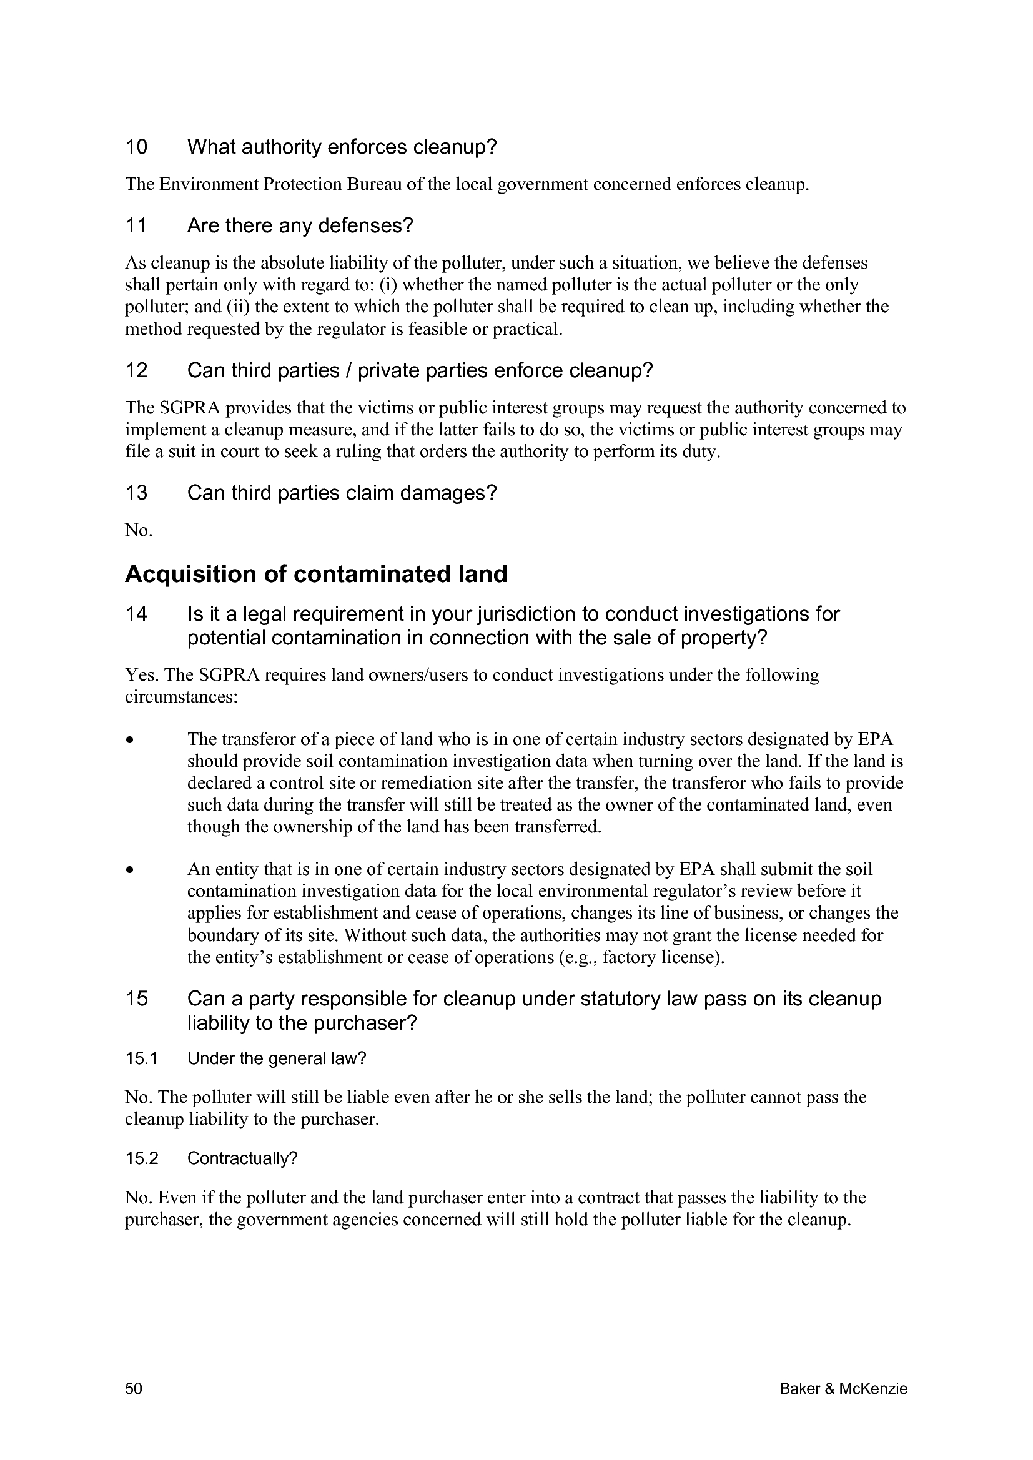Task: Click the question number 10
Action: point(136,147)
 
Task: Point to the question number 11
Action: point(136,225)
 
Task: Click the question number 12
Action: point(136,370)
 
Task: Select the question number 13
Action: point(136,492)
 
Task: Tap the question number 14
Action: point(136,614)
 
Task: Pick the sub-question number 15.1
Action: point(141,1058)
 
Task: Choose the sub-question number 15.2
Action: point(141,1158)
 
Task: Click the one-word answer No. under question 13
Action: point(139,530)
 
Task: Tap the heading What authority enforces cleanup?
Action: point(342,147)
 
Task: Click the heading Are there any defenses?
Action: point(300,225)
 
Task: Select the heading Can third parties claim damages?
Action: point(342,492)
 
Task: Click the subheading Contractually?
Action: point(242,1158)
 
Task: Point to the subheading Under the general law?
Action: point(277,1058)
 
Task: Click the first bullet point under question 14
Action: point(130,740)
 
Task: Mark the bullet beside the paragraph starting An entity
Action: point(130,870)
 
